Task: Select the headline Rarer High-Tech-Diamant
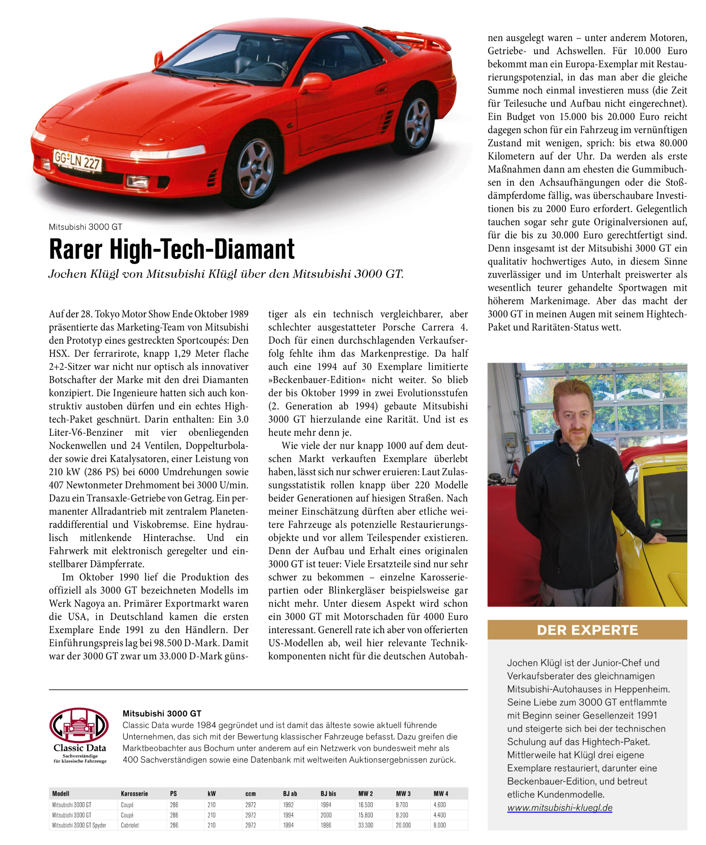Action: click(172, 249)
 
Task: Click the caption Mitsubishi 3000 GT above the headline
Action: click(86, 227)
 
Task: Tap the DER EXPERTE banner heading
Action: click(587, 630)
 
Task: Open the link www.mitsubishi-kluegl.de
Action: click(559, 807)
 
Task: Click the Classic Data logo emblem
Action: click(79, 726)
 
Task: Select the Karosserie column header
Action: click(134, 793)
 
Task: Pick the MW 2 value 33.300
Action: click(365, 825)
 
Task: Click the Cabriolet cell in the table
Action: click(130, 825)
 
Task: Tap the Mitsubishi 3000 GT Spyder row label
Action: click(79, 825)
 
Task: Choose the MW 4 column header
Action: click(440, 793)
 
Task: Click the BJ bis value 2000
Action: click(326, 815)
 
